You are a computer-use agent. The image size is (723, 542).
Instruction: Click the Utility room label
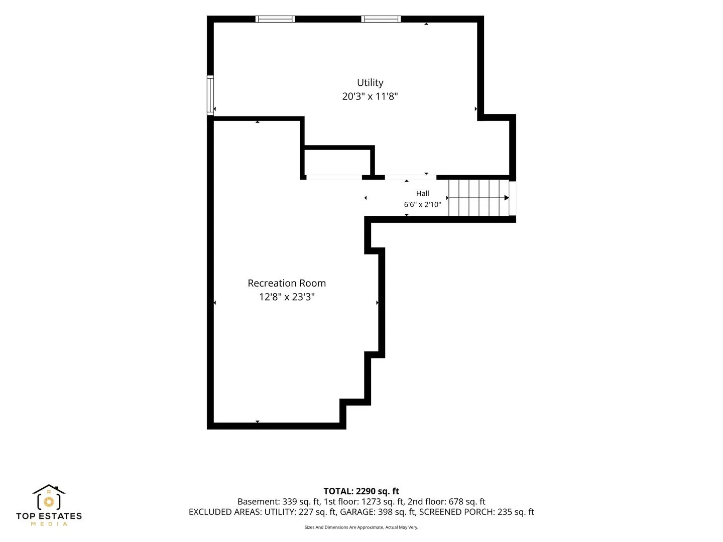370,83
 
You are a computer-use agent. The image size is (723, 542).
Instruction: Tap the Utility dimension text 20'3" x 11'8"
370,96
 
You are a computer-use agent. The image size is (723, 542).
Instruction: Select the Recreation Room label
287,283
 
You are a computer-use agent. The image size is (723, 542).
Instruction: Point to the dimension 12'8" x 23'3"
287,297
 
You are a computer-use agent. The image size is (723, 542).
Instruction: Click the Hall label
422,194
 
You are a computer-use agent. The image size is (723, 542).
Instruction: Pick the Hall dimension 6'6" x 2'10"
422,204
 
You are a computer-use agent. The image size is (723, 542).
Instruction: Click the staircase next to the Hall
478,197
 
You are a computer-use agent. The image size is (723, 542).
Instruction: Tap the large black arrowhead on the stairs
507,198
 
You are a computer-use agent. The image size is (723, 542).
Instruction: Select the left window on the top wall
275,19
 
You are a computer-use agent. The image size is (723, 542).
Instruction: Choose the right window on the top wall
381,19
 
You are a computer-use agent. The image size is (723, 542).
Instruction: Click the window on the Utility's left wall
210,95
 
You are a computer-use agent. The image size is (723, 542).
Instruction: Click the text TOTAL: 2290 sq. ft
361,491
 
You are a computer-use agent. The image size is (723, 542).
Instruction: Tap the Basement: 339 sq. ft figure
278,501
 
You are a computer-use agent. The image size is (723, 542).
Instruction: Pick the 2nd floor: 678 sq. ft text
446,501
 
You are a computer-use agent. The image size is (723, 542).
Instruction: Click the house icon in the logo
49,497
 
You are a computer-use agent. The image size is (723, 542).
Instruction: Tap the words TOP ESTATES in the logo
49,516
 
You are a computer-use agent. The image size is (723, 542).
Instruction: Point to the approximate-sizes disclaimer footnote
361,527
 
